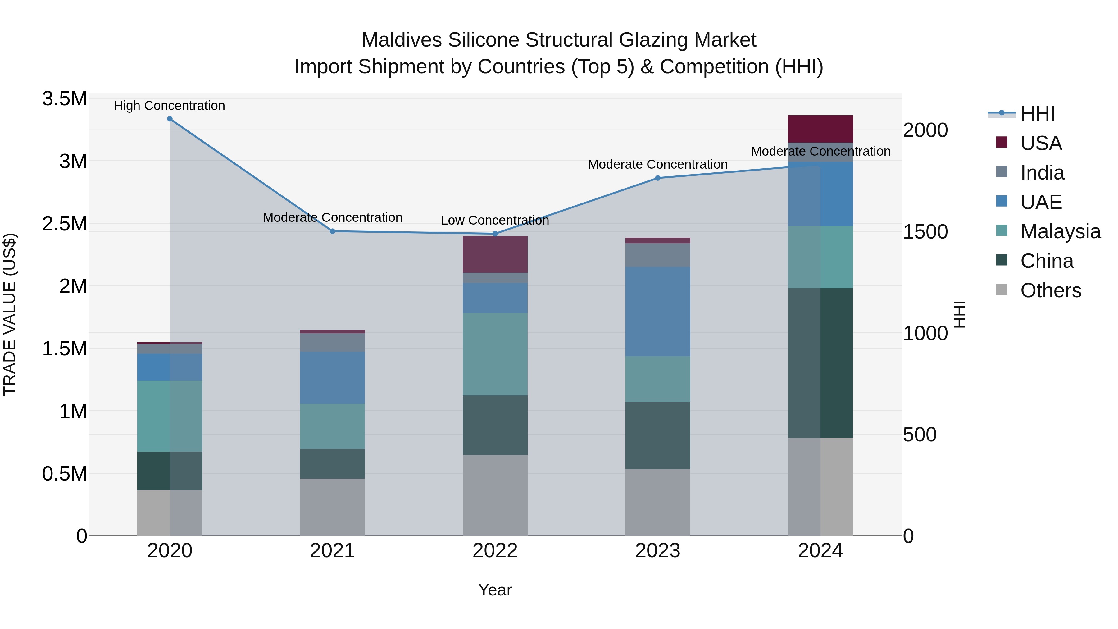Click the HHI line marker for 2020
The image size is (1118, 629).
pos(170,119)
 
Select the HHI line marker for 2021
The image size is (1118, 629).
pos(332,231)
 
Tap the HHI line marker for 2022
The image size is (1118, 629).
pos(495,234)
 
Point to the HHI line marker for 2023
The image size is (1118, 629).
pos(657,178)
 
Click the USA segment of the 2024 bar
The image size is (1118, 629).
pos(820,129)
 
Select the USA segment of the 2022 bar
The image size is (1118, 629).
pos(495,254)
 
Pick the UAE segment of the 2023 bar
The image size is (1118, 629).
pos(657,312)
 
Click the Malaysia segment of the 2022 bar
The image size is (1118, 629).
pos(495,354)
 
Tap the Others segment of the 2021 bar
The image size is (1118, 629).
pos(332,507)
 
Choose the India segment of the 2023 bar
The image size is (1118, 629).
pos(657,255)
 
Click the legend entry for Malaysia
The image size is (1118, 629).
pos(1060,231)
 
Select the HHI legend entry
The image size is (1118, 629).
pos(1037,114)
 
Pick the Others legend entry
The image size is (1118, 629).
pos(1050,290)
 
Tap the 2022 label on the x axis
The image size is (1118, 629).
pos(495,551)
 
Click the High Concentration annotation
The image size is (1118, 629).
pos(169,106)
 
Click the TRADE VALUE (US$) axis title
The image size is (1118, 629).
pos(10,314)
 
